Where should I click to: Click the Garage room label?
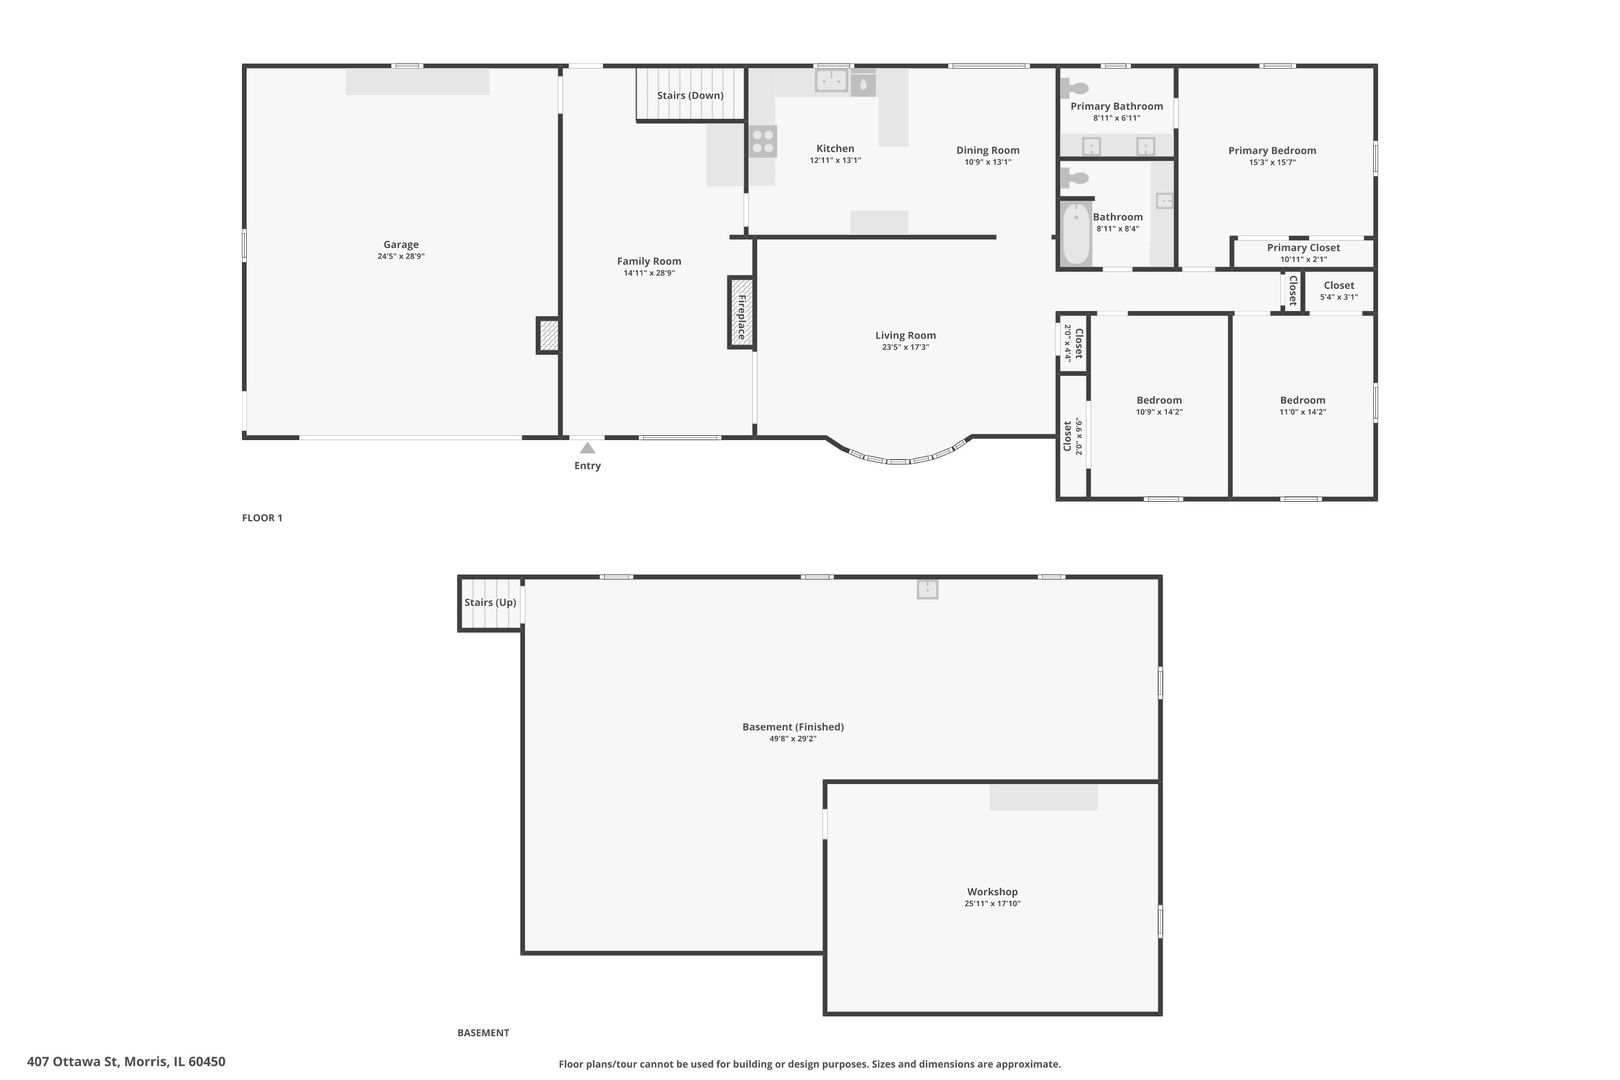(401, 245)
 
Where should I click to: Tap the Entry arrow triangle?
(587, 448)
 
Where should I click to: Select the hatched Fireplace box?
(741, 312)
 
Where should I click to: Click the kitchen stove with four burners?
(762, 141)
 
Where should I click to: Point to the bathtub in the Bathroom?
(1076, 234)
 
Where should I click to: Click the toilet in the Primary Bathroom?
(1074, 88)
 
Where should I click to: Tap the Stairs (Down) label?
(690, 95)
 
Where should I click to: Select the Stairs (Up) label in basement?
(490, 602)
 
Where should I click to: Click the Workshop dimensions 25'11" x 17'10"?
(992, 903)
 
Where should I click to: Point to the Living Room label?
(905, 335)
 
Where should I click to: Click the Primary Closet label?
(1303, 247)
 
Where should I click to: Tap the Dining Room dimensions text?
(988, 162)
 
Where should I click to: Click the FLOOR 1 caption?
(262, 518)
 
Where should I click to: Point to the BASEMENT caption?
(483, 1033)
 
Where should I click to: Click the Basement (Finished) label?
(793, 727)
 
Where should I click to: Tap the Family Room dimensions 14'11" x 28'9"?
(649, 273)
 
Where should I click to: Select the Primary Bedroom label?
(1272, 150)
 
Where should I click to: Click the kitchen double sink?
(832, 80)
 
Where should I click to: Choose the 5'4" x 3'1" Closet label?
(1339, 291)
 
